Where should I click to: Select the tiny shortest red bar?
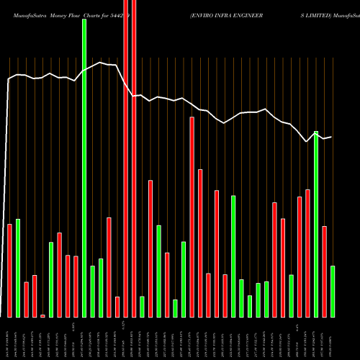(42, 315)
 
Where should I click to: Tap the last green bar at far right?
(333, 292)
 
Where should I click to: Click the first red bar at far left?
(9, 271)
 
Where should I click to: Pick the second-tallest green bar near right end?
(316, 224)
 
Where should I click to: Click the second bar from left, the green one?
(18, 268)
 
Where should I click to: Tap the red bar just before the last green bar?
(325, 271)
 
